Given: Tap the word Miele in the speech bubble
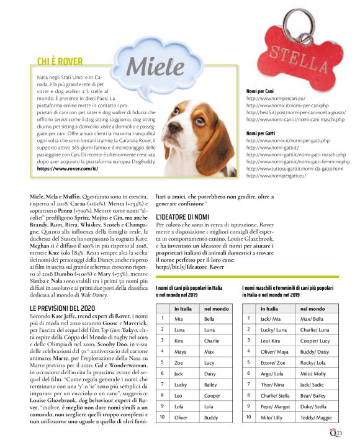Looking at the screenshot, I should (146, 65).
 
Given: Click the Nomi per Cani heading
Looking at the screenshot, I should (263, 91).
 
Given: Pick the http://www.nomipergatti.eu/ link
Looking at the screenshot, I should (277, 176).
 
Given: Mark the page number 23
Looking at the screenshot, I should (346, 433).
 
